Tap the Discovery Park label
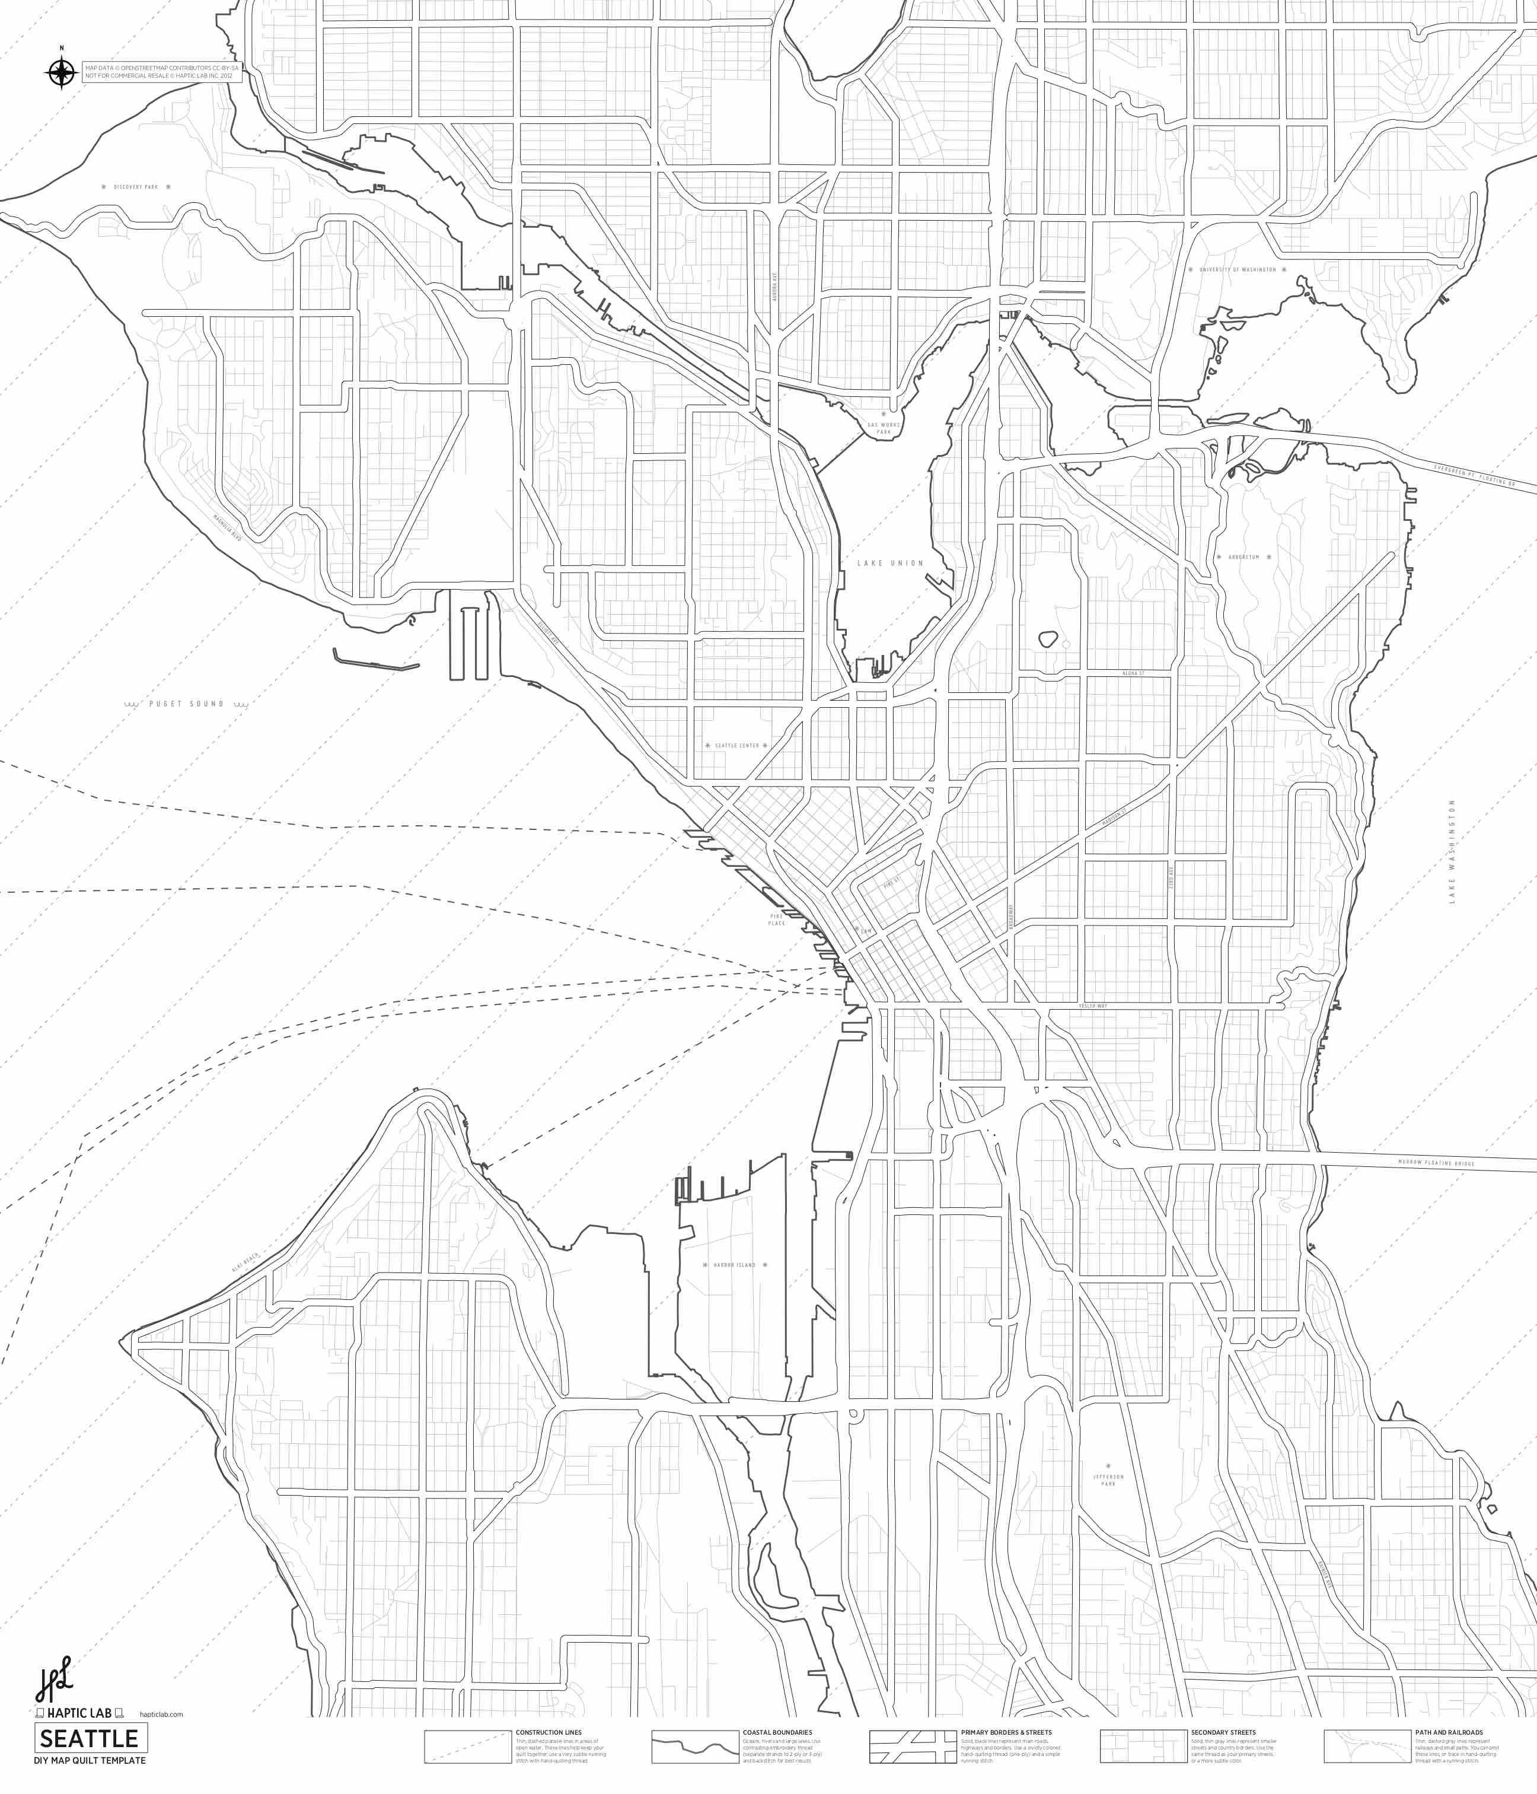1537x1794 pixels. tap(136, 187)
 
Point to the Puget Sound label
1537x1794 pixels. tap(186, 704)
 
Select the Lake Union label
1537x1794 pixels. tap(891, 563)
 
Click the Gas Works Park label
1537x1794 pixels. tap(884, 428)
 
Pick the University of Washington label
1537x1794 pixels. tap(1238, 270)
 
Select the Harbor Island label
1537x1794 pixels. tap(734, 1265)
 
